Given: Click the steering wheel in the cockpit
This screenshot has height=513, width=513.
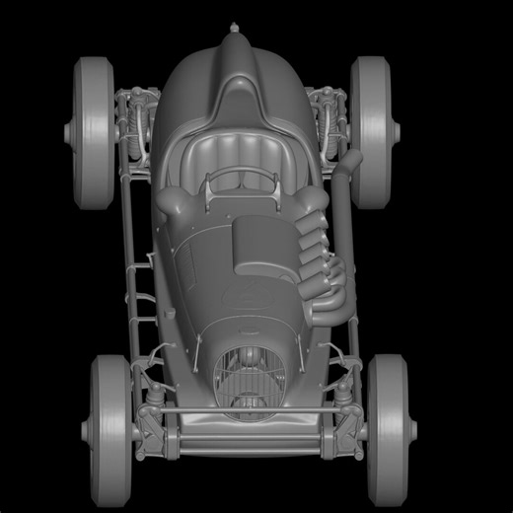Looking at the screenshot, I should click(x=240, y=181).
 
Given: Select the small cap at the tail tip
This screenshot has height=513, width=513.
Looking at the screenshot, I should click(x=235, y=29).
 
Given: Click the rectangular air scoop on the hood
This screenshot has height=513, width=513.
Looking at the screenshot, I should click(x=261, y=246).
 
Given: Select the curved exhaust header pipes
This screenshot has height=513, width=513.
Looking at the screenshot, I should click(x=321, y=266).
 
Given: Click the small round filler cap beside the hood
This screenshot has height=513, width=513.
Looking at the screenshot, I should click(x=166, y=202).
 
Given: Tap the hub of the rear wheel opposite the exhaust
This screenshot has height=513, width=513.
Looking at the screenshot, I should click(x=71, y=131).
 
